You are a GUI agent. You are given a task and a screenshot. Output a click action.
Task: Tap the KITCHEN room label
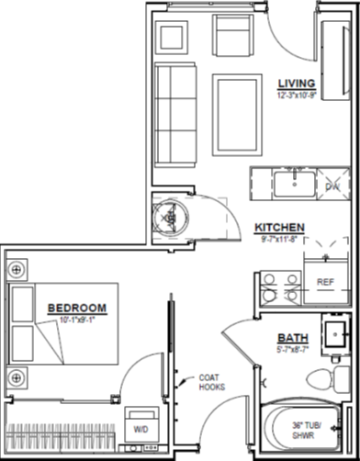coord(279,228)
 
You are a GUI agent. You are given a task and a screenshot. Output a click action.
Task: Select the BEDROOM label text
coord(76,309)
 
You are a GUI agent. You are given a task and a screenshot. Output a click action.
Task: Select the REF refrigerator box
coord(325,282)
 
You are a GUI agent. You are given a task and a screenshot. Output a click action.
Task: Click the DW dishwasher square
coord(332,186)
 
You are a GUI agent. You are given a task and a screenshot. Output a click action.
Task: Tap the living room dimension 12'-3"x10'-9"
coord(297,95)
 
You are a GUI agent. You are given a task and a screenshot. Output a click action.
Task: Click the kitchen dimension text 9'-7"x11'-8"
coord(279,239)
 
